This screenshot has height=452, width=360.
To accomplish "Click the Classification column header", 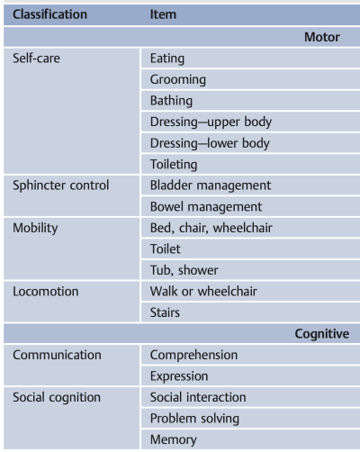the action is click(49, 14).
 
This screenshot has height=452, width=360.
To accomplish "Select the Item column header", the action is click(163, 14).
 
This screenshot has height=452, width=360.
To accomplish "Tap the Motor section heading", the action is click(322, 37).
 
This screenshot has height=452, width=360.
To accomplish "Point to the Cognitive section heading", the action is click(322, 334).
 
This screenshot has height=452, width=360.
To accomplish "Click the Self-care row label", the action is click(36, 58).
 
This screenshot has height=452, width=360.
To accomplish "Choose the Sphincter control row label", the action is click(60, 185).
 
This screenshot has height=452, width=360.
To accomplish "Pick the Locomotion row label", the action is click(46, 292).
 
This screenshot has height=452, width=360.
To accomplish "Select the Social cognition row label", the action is click(57, 397).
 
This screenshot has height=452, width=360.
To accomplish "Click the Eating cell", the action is click(167, 59).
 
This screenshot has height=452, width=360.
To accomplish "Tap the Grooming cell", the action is click(178, 80).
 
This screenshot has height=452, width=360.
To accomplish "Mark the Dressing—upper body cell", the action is click(211, 122).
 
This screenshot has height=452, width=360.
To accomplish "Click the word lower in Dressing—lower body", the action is click(224, 143).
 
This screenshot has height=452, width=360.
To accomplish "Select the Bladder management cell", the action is click(211, 185).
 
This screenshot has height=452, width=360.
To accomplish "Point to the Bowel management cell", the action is click(206, 207).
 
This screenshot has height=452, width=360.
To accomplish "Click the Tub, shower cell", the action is click(184, 270).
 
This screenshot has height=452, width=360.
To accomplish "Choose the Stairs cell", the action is click(165, 312).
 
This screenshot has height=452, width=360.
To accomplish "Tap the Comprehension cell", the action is click(193, 356).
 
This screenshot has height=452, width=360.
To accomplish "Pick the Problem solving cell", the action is click(194, 419).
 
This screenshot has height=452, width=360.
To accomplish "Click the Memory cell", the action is click(174, 440).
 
